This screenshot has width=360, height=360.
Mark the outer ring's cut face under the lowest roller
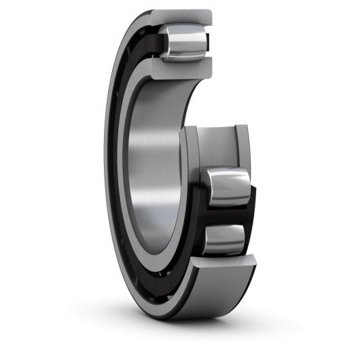pos(224,272)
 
